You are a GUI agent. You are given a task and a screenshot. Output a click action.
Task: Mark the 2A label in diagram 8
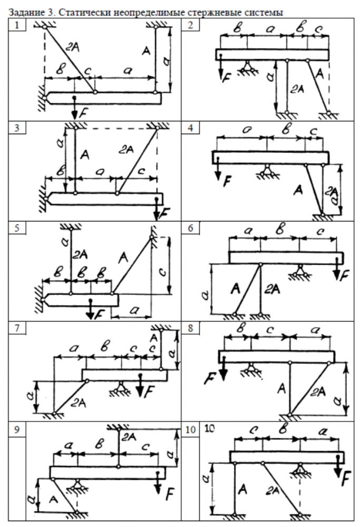[x=318, y=391]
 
